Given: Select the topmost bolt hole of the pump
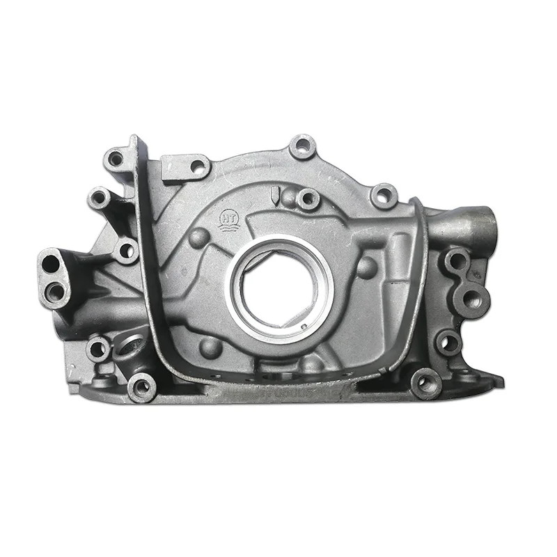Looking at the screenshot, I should pos(302,147).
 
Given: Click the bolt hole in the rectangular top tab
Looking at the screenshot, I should pos(197,166).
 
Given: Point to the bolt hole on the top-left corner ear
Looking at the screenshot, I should pos(116,159).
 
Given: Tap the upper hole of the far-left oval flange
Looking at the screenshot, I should pos(51,265).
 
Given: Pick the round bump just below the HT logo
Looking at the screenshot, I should pos(198,238).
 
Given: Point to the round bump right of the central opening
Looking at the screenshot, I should pos(366,267).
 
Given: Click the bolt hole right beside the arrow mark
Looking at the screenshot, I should pos(307,199).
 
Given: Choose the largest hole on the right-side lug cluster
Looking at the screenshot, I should pos(473,299).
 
